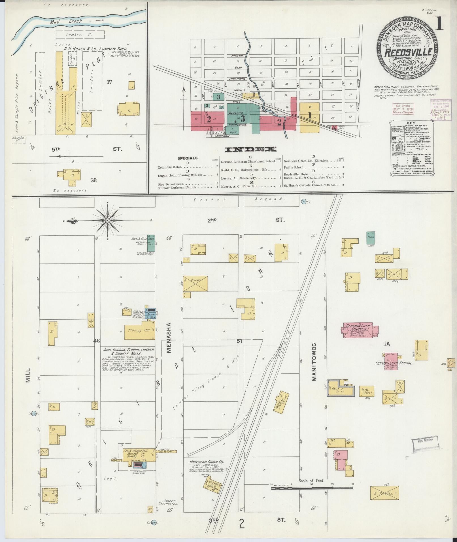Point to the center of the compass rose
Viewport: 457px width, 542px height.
click(107, 220)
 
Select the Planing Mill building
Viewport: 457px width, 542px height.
click(140, 330)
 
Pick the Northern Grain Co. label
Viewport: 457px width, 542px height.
click(207, 462)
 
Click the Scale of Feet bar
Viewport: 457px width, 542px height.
click(312, 488)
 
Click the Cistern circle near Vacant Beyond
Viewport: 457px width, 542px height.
click(304, 201)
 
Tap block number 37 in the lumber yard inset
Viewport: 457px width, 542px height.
click(109, 82)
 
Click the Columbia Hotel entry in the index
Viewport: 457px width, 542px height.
click(169, 167)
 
